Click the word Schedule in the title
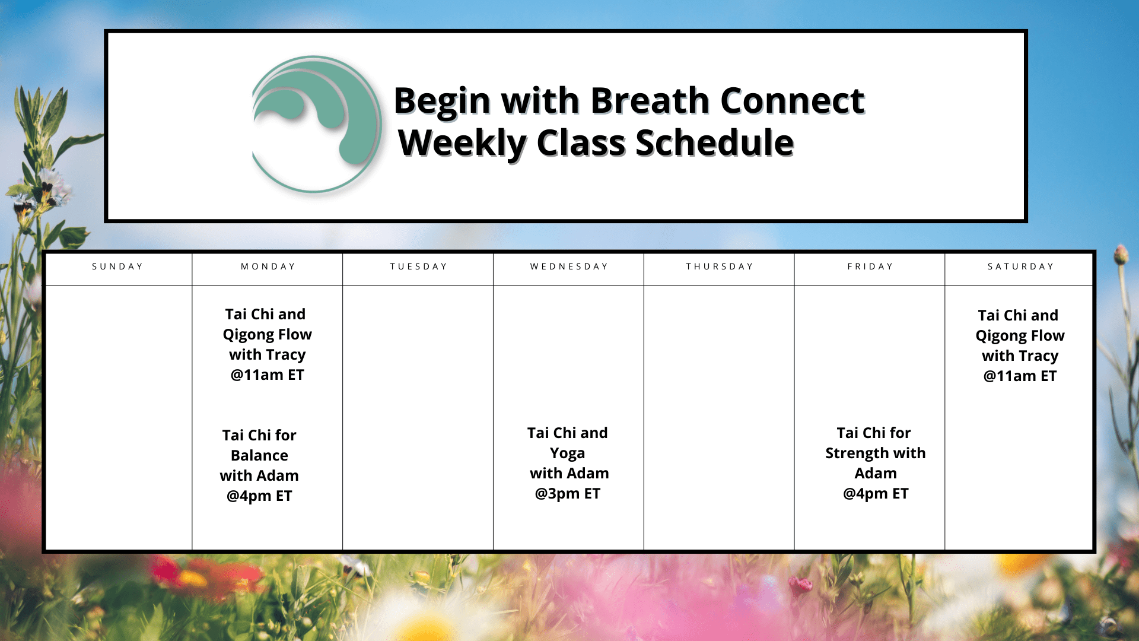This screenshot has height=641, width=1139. (x=715, y=143)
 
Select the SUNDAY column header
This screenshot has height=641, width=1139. (x=117, y=266)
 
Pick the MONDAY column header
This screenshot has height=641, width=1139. (x=268, y=266)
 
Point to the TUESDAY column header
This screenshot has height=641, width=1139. (x=418, y=266)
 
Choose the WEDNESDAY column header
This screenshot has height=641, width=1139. (x=569, y=266)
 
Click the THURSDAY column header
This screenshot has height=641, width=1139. (x=720, y=266)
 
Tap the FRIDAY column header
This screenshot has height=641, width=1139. (x=870, y=266)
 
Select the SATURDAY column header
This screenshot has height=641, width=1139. (x=1020, y=266)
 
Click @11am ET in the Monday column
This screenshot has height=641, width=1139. (x=268, y=375)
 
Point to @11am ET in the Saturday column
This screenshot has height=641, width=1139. (x=1020, y=376)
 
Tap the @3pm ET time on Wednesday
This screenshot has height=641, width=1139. (x=568, y=494)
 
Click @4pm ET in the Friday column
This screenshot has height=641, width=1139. (x=876, y=494)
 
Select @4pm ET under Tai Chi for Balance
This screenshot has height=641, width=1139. (x=259, y=496)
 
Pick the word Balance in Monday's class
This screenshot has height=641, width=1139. (x=259, y=455)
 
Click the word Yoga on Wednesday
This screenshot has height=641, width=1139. (x=568, y=454)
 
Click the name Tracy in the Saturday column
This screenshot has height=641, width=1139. (x=1038, y=356)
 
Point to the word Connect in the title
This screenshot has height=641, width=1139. (x=793, y=100)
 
